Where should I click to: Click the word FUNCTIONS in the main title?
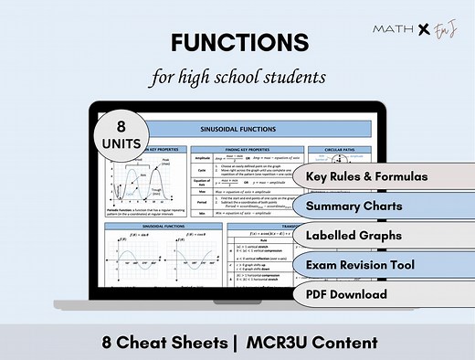click(237, 43)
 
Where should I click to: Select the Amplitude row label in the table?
click(204, 157)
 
